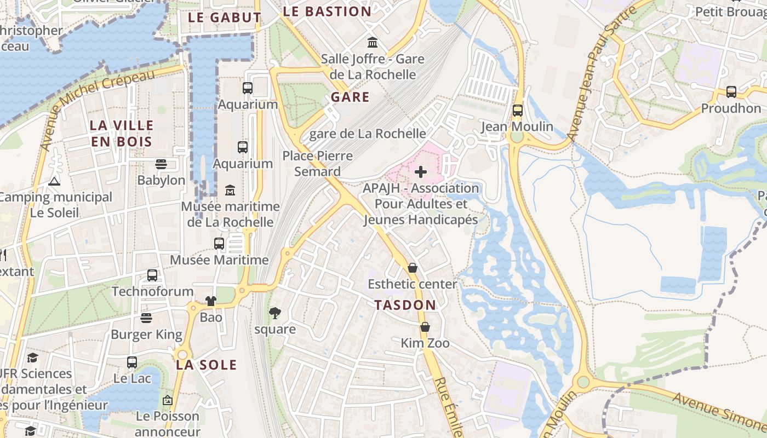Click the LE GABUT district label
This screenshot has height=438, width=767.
click(x=224, y=17)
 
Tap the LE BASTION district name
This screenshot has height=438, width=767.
click(x=327, y=11)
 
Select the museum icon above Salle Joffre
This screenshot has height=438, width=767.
click(x=373, y=42)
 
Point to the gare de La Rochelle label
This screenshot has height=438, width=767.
click(x=367, y=134)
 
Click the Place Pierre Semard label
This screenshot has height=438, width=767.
click(x=318, y=164)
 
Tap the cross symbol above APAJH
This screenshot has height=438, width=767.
click(x=421, y=172)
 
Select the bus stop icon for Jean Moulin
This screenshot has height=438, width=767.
click(x=517, y=111)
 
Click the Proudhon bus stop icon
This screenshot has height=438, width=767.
click(x=731, y=92)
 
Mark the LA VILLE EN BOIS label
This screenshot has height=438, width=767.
click(x=121, y=133)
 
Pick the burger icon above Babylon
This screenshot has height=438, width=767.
click(x=161, y=164)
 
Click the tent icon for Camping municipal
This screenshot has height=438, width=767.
click(x=54, y=181)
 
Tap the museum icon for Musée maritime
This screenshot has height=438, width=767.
click(x=230, y=191)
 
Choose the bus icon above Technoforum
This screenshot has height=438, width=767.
click(x=152, y=275)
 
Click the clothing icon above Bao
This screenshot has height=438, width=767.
click(x=211, y=301)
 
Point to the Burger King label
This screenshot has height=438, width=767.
click(x=146, y=334)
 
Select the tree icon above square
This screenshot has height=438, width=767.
click(x=274, y=313)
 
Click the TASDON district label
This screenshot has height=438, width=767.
click(x=405, y=305)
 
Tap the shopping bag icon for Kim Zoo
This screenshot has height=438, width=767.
click(x=425, y=327)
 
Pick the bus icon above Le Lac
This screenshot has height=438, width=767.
click(x=132, y=362)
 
